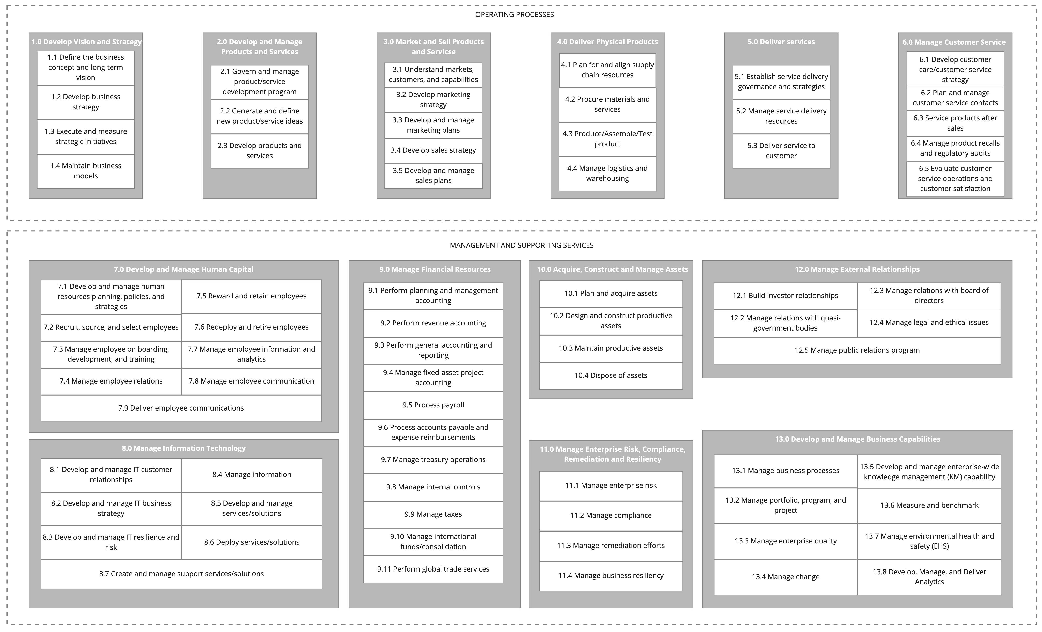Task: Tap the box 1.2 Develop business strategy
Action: pyautogui.click(x=85, y=102)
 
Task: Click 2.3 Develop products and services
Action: pyautogui.click(x=259, y=151)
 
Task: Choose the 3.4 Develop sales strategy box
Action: pyautogui.click(x=433, y=150)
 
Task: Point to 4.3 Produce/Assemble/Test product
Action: pyautogui.click(x=607, y=139)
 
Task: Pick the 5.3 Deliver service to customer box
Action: pyautogui.click(x=781, y=151)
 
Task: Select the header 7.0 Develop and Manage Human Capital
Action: pyautogui.click(x=184, y=269)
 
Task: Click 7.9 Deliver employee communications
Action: pyautogui.click(x=181, y=408)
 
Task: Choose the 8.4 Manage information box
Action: pyautogui.click(x=252, y=474)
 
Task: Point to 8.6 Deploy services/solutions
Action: pyautogui.click(x=252, y=542)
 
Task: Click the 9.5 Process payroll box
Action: pyautogui.click(x=433, y=405)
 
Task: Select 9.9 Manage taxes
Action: pyautogui.click(x=433, y=514)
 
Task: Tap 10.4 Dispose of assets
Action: pyautogui.click(x=611, y=375)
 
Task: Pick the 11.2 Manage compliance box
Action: pyautogui.click(x=611, y=516)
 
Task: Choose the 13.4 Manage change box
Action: pyautogui.click(x=785, y=577)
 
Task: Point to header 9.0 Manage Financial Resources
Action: pyautogui.click(x=435, y=269)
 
